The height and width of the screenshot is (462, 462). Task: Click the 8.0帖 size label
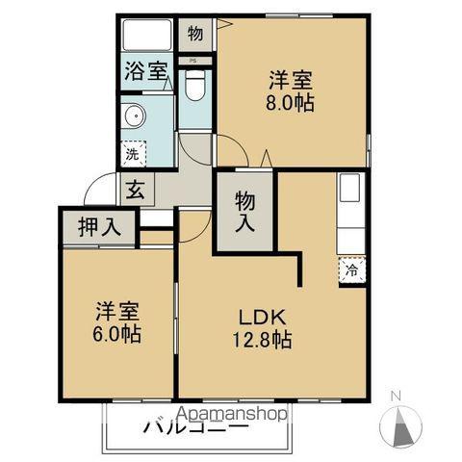click(x=292, y=101)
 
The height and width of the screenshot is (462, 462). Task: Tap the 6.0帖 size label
click(x=118, y=334)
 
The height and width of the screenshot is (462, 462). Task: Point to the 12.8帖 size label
click(x=260, y=341)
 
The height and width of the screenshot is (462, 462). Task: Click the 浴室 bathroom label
click(x=144, y=68)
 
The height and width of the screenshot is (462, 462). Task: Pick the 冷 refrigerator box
click(x=352, y=270)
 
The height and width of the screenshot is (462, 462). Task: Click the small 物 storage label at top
click(x=195, y=34)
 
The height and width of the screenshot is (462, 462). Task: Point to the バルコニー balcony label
click(x=192, y=426)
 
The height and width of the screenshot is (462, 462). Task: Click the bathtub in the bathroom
click(x=148, y=37)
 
